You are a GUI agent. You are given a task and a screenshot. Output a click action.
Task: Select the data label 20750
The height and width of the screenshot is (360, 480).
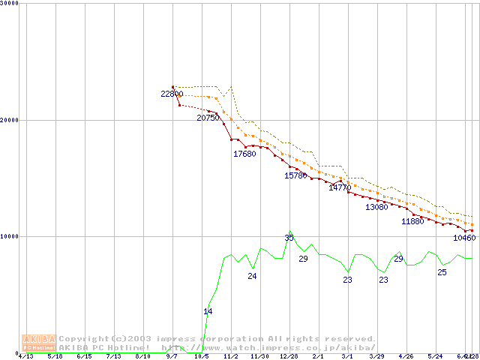208,118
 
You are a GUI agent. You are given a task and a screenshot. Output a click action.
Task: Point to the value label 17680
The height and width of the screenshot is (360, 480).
244,154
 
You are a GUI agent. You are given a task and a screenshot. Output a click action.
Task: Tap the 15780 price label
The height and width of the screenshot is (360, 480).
295,175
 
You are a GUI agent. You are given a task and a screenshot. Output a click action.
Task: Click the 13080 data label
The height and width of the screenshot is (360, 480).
376,207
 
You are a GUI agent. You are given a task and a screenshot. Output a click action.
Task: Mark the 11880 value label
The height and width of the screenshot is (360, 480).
412,221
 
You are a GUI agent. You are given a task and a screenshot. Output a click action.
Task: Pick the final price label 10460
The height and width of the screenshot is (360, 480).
464,238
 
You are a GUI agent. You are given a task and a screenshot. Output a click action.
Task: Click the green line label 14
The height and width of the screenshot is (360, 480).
208,311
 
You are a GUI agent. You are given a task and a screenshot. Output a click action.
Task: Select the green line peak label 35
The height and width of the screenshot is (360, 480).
289,238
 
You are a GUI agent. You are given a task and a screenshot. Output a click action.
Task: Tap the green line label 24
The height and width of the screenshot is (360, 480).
253,276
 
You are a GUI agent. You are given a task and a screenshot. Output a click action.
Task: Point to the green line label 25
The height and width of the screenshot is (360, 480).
442,272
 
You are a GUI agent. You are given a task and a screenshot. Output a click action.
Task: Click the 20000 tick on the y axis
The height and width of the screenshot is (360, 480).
10,120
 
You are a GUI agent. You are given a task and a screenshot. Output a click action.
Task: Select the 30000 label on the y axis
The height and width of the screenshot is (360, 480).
10,4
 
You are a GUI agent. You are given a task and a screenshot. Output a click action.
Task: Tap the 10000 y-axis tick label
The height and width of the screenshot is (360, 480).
10,236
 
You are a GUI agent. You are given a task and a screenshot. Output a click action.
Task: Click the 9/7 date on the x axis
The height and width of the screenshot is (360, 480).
172,356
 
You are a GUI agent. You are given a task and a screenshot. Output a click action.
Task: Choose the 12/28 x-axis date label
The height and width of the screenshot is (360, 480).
289,356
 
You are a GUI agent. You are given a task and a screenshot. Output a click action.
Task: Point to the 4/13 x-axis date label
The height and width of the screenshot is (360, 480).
25,356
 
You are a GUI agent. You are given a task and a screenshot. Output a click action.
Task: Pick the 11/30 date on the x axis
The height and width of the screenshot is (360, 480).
259,356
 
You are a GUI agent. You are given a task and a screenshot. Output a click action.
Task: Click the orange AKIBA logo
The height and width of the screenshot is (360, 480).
39,343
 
